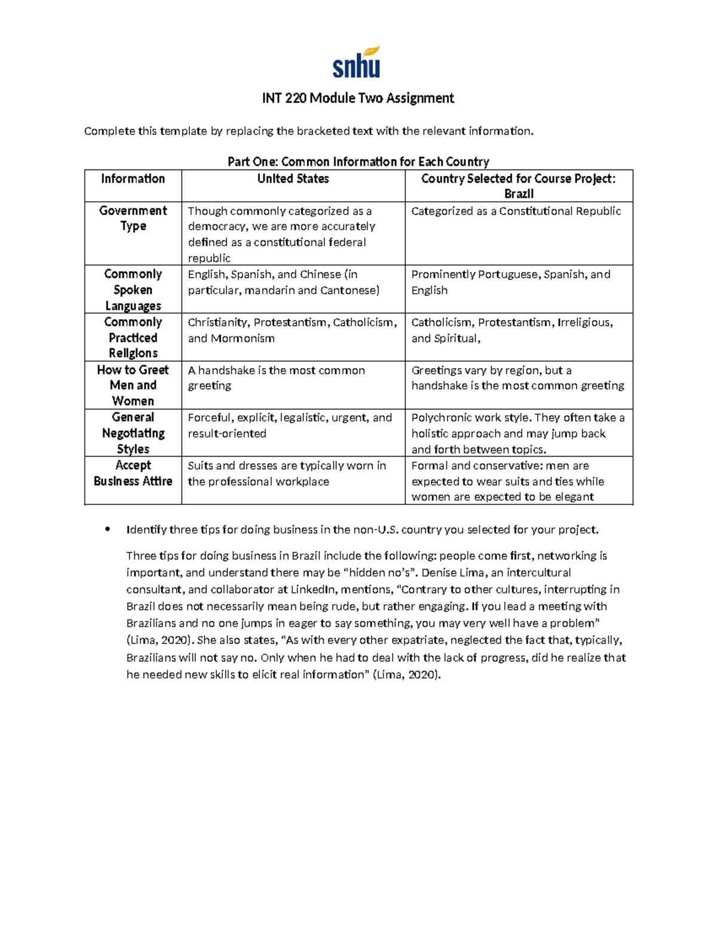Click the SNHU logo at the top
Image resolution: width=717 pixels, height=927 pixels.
click(356, 63)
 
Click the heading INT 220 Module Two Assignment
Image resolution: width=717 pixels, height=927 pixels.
click(358, 98)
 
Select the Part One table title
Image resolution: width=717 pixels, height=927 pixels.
click(358, 162)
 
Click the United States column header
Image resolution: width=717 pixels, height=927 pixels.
click(293, 178)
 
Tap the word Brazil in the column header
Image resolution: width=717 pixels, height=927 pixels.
click(519, 194)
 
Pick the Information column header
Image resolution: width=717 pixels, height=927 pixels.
click(133, 178)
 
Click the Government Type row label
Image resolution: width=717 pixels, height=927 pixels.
click(133, 218)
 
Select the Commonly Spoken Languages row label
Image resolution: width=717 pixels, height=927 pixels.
click(133, 290)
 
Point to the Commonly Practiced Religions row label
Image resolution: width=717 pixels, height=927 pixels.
click(133, 337)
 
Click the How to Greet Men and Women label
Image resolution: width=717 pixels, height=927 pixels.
click(133, 385)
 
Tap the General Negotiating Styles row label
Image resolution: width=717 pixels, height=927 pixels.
click(133, 433)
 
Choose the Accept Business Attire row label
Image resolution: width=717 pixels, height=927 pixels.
click(133, 473)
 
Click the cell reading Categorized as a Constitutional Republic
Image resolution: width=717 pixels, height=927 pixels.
click(516, 211)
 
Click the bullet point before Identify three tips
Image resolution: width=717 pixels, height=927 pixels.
click(108, 529)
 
